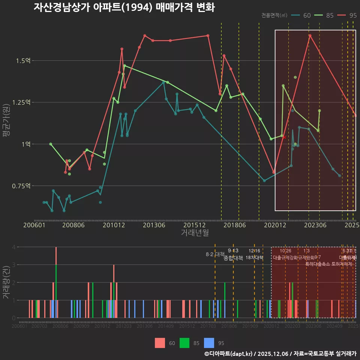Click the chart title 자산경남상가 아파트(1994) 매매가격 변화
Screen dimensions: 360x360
pyautogui.click(x=124, y=7)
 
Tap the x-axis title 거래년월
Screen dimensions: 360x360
pyautogui.click(x=195, y=233)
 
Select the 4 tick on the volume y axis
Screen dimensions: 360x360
pyautogui.click(x=13, y=247)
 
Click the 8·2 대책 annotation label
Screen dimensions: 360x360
pyautogui.click(x=215, y=254)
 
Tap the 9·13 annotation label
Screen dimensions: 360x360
pyautogui.click(x=233, y=251)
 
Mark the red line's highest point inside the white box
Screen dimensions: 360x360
pyautogui.click(x=310, y=36)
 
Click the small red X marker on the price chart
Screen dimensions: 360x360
pyautogui.click(x=284, y=137)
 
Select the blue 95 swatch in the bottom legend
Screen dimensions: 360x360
pyautogui.click(x=209, y=343)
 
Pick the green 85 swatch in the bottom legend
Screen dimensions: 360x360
pyautogui.click(x=184, y=343)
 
